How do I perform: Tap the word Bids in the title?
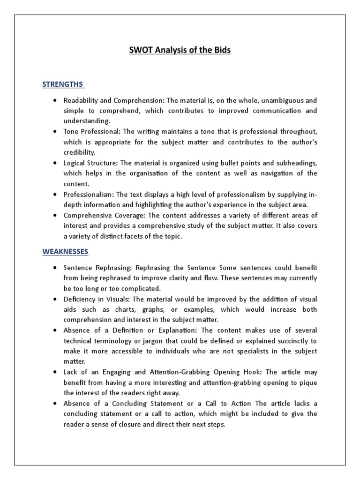[x=221, y=50]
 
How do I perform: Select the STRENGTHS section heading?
[x=63, y=84]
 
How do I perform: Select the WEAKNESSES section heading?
[x=65, y=251]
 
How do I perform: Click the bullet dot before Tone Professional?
[x=55, y=132]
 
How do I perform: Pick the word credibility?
[x=79, y=152]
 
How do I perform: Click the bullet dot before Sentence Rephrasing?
[x=55, y=268]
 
